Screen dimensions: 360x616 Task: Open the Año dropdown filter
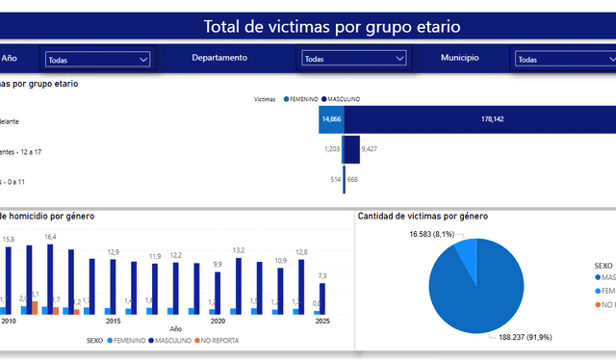(x=97, y=60)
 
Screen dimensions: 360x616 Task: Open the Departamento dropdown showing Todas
(x=354, y=59)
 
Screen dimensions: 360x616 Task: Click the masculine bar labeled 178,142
(x=479, y=119)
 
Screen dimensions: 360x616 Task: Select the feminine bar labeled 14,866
(x=332, y=119)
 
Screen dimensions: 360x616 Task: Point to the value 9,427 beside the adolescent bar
(x=369, y=149)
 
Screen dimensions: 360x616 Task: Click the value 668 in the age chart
(x=352, y=179)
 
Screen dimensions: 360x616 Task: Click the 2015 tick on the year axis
(x=113, y=321)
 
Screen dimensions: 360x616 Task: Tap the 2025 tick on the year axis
(x=322, y=321)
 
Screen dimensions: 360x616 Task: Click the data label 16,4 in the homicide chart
(x=50, y=237)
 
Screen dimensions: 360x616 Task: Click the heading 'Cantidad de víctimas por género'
(x=423, y=216)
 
